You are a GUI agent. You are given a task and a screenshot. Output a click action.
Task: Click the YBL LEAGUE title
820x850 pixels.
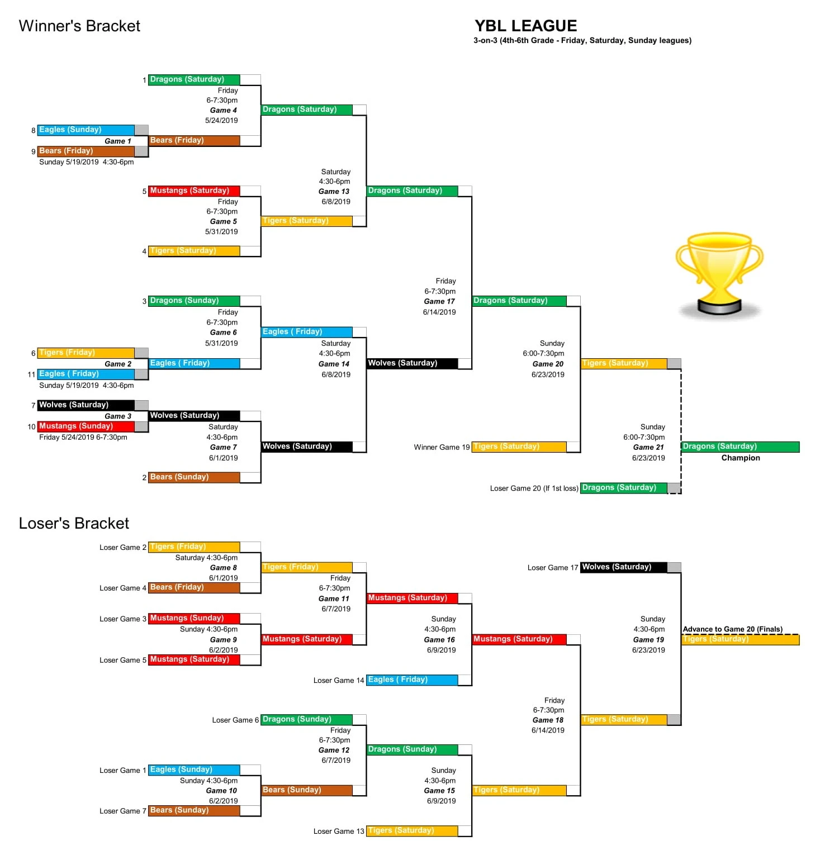click(525, 26)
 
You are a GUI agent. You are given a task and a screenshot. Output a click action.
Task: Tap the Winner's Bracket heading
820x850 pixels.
click(79, 26)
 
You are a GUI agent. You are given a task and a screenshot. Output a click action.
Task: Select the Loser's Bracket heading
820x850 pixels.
click(74, 523)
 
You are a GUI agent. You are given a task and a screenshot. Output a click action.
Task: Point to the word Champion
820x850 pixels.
click(740, 458)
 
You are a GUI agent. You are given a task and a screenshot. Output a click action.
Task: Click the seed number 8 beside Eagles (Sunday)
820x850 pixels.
click(34, 130)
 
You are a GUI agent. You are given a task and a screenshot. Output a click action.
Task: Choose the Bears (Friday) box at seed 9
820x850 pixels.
click(86, 151)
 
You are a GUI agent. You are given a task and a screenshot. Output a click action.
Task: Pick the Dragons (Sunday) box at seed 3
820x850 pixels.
click(194, 301)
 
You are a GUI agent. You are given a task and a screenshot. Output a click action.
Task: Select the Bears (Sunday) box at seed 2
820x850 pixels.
click(194, 477)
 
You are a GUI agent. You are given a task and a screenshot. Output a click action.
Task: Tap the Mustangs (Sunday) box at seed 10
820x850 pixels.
click(86, 426)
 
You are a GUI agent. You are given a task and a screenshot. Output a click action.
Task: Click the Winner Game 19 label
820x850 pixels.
click(442, 447)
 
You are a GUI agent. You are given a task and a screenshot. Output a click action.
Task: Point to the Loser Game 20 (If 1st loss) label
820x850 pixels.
click(534, 488)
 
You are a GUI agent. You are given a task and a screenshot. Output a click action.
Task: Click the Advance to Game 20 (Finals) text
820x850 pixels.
click(732, 629)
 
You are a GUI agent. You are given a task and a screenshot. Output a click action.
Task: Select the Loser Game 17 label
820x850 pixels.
click(552, 568)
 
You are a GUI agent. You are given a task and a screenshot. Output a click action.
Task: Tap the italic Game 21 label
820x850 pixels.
click(648, 447)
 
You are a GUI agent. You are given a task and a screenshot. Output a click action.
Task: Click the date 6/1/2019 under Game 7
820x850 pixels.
click(223, 458)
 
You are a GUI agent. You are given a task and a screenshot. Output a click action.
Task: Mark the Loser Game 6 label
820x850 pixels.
click(235, 720)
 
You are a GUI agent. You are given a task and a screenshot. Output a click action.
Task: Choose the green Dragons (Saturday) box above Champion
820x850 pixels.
click(740, 447)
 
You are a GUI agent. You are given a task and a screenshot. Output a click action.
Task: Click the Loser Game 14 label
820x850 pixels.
click(338, 681)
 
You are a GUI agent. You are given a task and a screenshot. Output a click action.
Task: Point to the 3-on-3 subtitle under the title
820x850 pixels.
click(582, 41)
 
